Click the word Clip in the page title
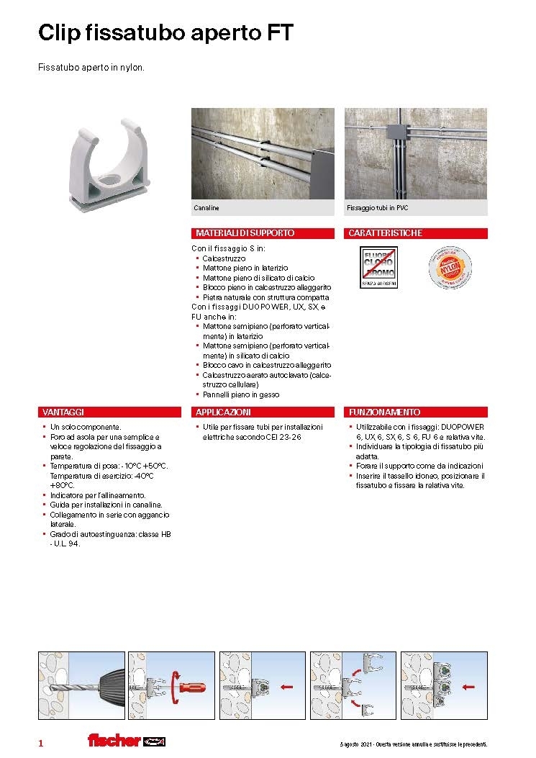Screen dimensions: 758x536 point(58,32)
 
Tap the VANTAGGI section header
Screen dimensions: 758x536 point(64,412)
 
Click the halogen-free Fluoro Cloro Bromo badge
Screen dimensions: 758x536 point(377,269)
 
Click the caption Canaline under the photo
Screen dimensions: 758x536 point(206,208)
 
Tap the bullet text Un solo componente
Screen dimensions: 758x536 point(86,427)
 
